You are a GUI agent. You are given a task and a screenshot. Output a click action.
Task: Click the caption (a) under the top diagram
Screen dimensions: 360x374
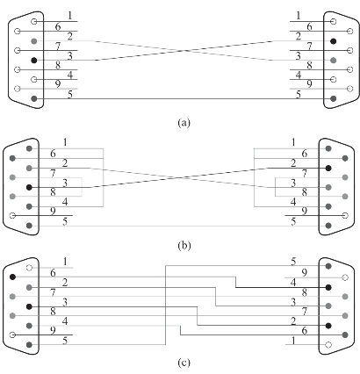(184, 122)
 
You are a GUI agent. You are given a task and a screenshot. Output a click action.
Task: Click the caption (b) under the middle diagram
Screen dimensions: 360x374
(184, 245)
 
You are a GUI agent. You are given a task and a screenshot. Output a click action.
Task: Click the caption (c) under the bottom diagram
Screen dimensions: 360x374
(184, 363)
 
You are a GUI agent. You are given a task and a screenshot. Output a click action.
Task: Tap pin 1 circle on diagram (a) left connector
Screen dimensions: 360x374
(34, 21)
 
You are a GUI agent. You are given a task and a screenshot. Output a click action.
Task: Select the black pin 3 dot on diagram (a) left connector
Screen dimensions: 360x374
(34, 61)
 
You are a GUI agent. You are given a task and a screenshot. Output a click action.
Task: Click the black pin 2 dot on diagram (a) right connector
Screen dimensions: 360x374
(333, 41)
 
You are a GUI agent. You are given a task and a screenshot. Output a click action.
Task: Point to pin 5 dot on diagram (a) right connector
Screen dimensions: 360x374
(333, 98)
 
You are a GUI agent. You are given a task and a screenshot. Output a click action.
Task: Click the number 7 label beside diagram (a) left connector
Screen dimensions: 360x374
(58, 47)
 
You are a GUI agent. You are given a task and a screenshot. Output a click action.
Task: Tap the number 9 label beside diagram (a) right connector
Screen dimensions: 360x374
(310, 84)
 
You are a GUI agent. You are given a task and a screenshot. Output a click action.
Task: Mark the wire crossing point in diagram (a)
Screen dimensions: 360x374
(184, 51)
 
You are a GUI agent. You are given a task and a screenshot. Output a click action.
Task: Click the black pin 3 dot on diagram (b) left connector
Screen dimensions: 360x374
(29, 187)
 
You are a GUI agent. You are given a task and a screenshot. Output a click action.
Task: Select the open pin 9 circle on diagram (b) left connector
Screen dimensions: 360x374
(12, 216)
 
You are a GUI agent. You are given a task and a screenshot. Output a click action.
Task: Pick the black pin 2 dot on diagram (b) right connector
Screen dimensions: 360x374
(328, 168)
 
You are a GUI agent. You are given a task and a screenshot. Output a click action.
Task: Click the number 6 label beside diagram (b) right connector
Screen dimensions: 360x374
(305, 154)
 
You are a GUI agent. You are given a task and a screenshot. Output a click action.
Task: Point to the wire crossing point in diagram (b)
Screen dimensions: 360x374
(178, 177)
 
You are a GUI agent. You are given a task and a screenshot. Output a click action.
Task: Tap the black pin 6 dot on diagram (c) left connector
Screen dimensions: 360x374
(12, 277)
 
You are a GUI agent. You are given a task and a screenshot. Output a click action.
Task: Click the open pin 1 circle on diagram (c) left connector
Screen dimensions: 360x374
(29, 268)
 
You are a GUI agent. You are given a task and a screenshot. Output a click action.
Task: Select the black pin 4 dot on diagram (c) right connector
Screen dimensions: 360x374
(328, 287)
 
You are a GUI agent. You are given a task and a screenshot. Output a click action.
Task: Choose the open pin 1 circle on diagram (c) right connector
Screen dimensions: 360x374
(328, 344)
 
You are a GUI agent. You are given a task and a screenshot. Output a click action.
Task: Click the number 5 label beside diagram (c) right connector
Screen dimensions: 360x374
(293, 262)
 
